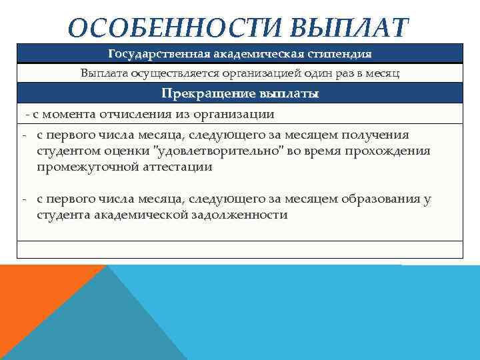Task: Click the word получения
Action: click(x=379, y=135)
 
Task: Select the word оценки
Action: click(x=125, y=151)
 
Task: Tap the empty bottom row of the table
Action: click(x=240, y=249)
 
